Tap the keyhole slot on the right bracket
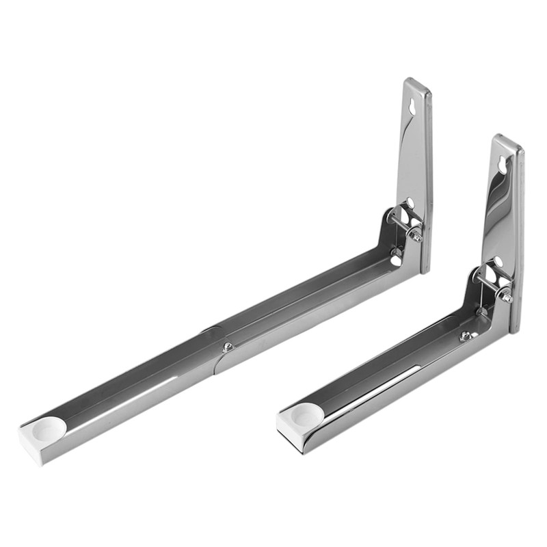point(503,165)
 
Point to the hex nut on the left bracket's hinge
point(414,235)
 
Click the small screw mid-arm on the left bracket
point(228,346)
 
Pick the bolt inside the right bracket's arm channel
point(466,335)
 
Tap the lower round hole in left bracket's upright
point(410,202)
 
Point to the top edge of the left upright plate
point(416,83)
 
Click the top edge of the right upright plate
point(507,139)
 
